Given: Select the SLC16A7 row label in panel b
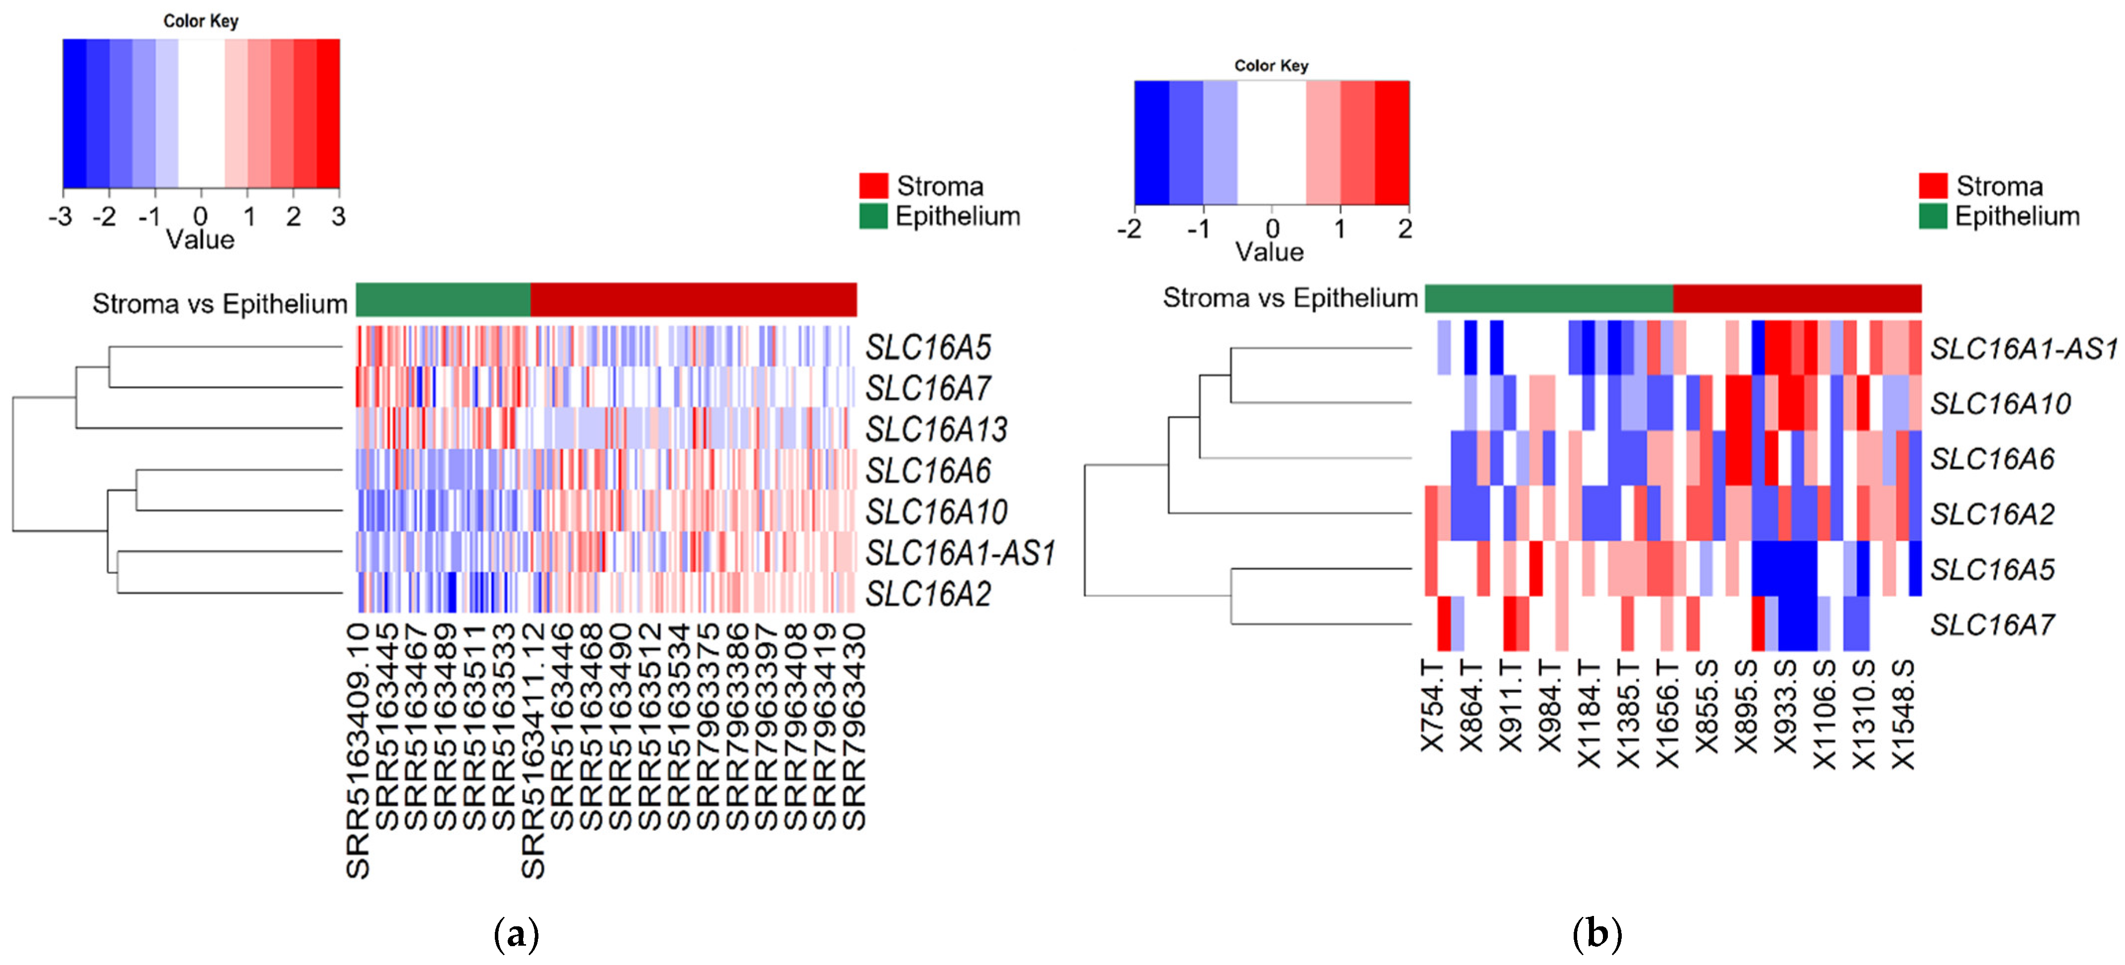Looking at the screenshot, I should coord(1991,625).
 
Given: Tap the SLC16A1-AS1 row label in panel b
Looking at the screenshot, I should coord(2023,349).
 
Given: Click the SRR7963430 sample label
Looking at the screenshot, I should coord(854,726).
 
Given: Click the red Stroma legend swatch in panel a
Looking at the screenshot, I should coord(873,185).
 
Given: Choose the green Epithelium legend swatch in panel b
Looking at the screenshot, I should coord(1932,216).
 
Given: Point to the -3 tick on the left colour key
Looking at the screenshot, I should coord(60,217).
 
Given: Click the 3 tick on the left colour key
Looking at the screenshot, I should coord(338,217).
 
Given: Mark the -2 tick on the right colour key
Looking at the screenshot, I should coord(1129,228).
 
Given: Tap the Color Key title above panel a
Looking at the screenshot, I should coord(200,21).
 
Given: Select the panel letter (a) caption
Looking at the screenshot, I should coord(517,934).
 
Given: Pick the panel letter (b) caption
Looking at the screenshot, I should coord(1597,934).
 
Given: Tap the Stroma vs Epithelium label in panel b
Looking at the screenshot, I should coord(1290,298).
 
